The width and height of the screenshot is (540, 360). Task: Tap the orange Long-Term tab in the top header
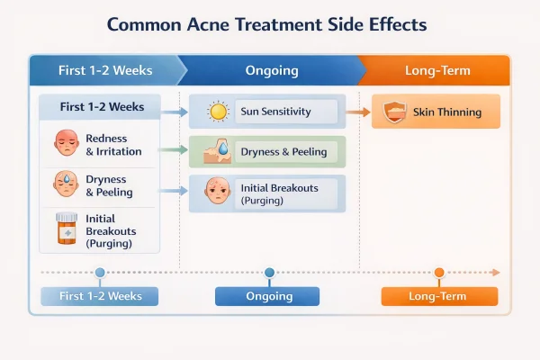439,70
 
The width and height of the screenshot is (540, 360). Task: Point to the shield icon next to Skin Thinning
393,112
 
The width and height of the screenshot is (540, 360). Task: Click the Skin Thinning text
447,112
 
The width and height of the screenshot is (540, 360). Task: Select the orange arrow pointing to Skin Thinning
358,112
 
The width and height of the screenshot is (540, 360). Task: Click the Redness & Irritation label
113,145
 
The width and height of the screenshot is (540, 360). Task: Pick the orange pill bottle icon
66,229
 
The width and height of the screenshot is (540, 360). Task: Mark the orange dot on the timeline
439,272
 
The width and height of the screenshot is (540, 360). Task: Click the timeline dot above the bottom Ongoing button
268,272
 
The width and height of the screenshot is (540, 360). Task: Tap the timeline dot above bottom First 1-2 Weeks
99,272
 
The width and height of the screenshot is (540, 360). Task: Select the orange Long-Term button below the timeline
439,296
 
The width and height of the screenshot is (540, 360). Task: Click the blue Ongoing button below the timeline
267,296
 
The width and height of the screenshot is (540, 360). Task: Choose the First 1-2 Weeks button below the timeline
98,296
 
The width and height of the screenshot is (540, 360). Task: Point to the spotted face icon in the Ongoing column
217,192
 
